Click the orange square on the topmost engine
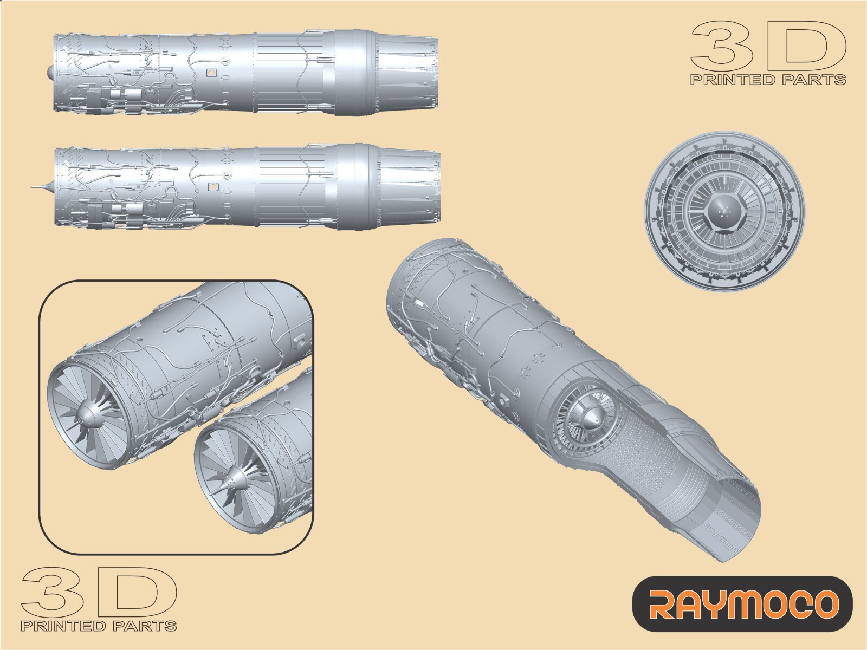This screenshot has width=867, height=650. coord(212,72)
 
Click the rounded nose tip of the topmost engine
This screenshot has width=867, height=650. coord(49,71)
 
